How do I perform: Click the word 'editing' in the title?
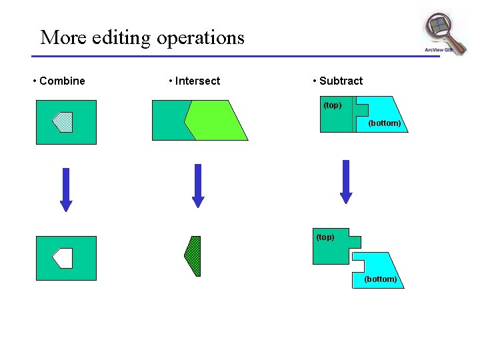point(113,37)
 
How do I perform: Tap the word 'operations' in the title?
point(200,37)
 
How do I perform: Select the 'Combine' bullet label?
point(62,81)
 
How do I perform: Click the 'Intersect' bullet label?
point(197,81)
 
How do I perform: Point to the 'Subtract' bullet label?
point(341,81)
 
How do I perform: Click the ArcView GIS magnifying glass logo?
point(443,33)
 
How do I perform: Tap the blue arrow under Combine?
point(65,189)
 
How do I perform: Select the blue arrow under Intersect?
point(197,185)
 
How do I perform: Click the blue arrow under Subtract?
point(345,181)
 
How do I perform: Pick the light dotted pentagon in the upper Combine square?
point(63,121)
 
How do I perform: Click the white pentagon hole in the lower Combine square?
point(63,258)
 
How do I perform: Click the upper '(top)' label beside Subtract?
point(332,105)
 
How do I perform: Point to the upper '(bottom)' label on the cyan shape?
point(384,123)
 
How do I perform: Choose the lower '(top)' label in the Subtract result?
point(325,237)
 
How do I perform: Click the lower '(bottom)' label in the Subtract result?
point(380,279)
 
